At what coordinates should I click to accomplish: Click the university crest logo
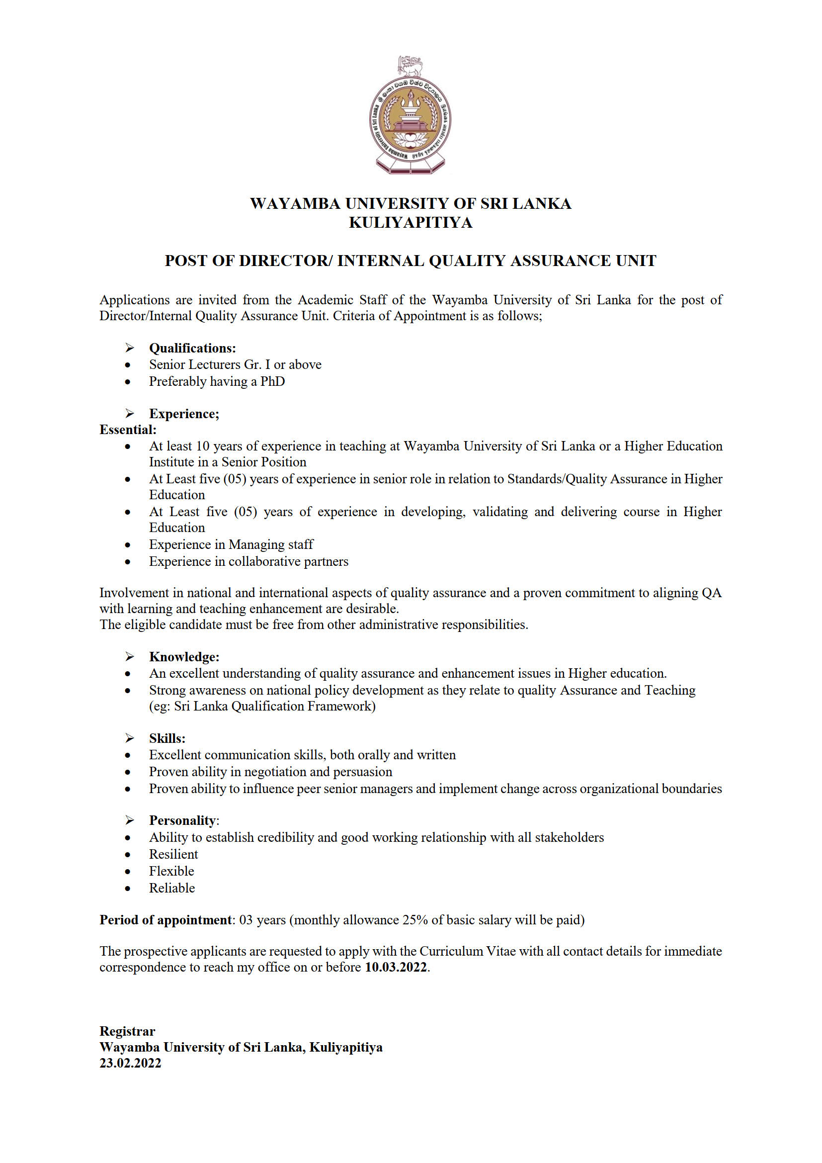[410, 116]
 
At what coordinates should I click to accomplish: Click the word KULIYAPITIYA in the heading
[411, 223]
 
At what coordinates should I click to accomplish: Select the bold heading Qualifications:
[192, 348]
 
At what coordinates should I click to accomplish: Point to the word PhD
[272, 381]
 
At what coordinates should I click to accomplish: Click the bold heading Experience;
[184, 414]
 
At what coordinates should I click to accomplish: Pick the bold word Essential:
[128, 430]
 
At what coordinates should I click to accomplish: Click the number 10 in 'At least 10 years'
[202, 446]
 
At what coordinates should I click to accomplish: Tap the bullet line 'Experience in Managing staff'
[231, 544]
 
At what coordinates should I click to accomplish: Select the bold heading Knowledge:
[184, 657]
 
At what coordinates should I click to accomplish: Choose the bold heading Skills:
[167, 738]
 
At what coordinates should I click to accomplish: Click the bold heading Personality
[182, 820]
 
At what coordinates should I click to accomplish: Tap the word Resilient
[173, 855]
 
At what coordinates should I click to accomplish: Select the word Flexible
[171, 871]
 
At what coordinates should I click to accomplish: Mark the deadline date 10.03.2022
[396, 967]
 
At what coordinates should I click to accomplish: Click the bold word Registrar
[127, 1031]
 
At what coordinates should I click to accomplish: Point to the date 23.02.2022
[130, 1063]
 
